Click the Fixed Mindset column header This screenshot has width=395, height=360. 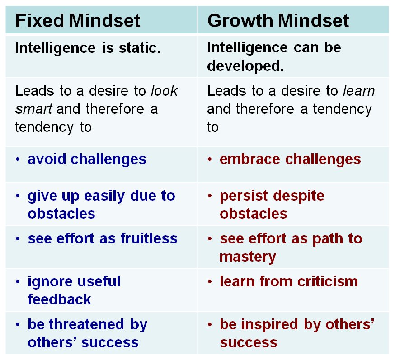pos(78,20)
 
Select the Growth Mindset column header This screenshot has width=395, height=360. pos(278,20)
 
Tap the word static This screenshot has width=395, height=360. pos(140,47)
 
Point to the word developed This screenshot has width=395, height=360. pos(245,65)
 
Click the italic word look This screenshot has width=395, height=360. pos(164,91)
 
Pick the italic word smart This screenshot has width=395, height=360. pos(33,109)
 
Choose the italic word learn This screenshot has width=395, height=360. pos(359,91)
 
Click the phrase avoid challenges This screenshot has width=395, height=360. pos(87,159)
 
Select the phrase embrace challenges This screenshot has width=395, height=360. pos(290,159)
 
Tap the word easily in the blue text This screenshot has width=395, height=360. pos(104,196)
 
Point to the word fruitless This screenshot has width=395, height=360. pos(149,238)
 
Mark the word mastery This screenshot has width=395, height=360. pos(248,257)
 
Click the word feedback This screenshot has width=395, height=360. pos(59,299)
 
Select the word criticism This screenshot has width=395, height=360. pos(328,281)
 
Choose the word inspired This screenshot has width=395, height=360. pos(269,324)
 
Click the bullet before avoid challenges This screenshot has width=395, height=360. pos(18,159)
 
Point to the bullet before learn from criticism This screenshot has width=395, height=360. pos(210,281)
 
